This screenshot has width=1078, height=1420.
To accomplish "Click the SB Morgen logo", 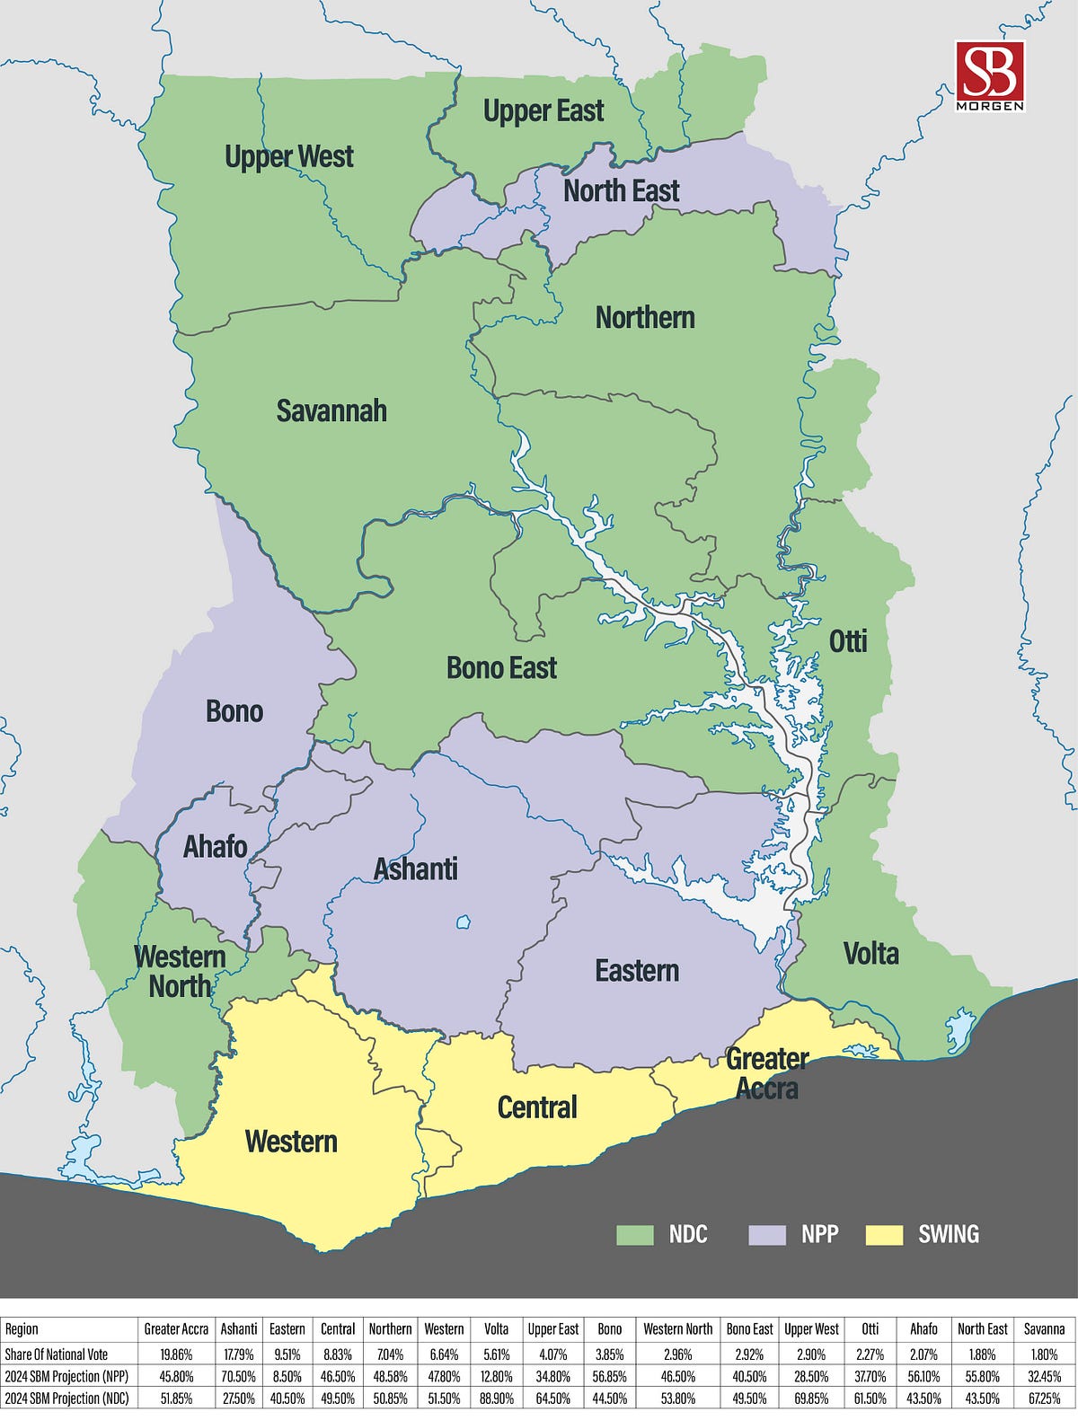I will click(x=990, y=75).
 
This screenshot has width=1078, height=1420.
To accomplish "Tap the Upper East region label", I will click(x=543, y=111).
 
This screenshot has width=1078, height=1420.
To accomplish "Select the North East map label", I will click(x=621, y=190).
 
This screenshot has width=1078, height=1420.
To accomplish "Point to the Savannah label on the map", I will click(x=331, y=410).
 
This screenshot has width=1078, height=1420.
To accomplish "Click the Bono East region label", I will click(x=501, y=667).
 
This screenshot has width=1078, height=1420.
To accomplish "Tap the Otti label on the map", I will click(x=847, y=640).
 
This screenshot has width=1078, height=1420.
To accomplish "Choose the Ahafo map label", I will click(x=215, y=846).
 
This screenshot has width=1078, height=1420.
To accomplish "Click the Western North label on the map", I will click(x=180, y=971).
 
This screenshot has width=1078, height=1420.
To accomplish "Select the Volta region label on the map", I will click(x=870, y=953).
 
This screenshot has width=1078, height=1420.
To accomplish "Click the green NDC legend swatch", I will click(x=634, y=1234).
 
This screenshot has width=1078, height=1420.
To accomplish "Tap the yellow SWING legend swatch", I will click(x=883, y=1234).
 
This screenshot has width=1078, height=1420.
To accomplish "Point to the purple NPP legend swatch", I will click(x=766, y=1234).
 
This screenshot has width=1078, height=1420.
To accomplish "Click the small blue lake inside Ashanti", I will click(x=464, y=922).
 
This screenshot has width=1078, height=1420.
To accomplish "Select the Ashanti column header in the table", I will click(x=239, y=1329).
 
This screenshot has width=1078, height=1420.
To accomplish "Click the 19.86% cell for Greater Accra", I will click(x=176, y=1354).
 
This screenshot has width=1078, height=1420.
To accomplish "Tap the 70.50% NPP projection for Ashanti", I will click(x=239, y=1376).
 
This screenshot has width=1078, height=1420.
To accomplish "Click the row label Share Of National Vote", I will click(x=56, y=1354).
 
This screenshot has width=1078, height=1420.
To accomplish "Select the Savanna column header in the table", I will click(x=1044, y=1329).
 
